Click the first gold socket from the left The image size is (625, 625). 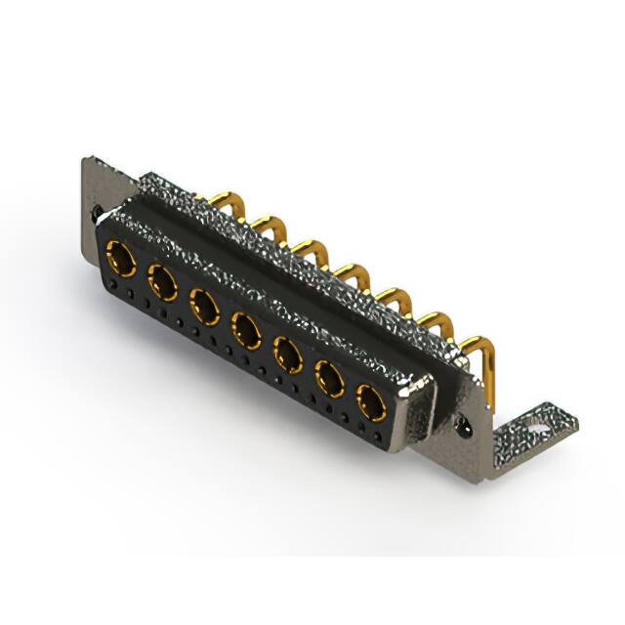click(121, 259)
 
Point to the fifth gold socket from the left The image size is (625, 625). click(288, 353)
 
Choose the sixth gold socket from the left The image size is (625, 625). click(330, 376)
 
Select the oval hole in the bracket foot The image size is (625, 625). click(537, 426)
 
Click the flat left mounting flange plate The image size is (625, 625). click(103, 186)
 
